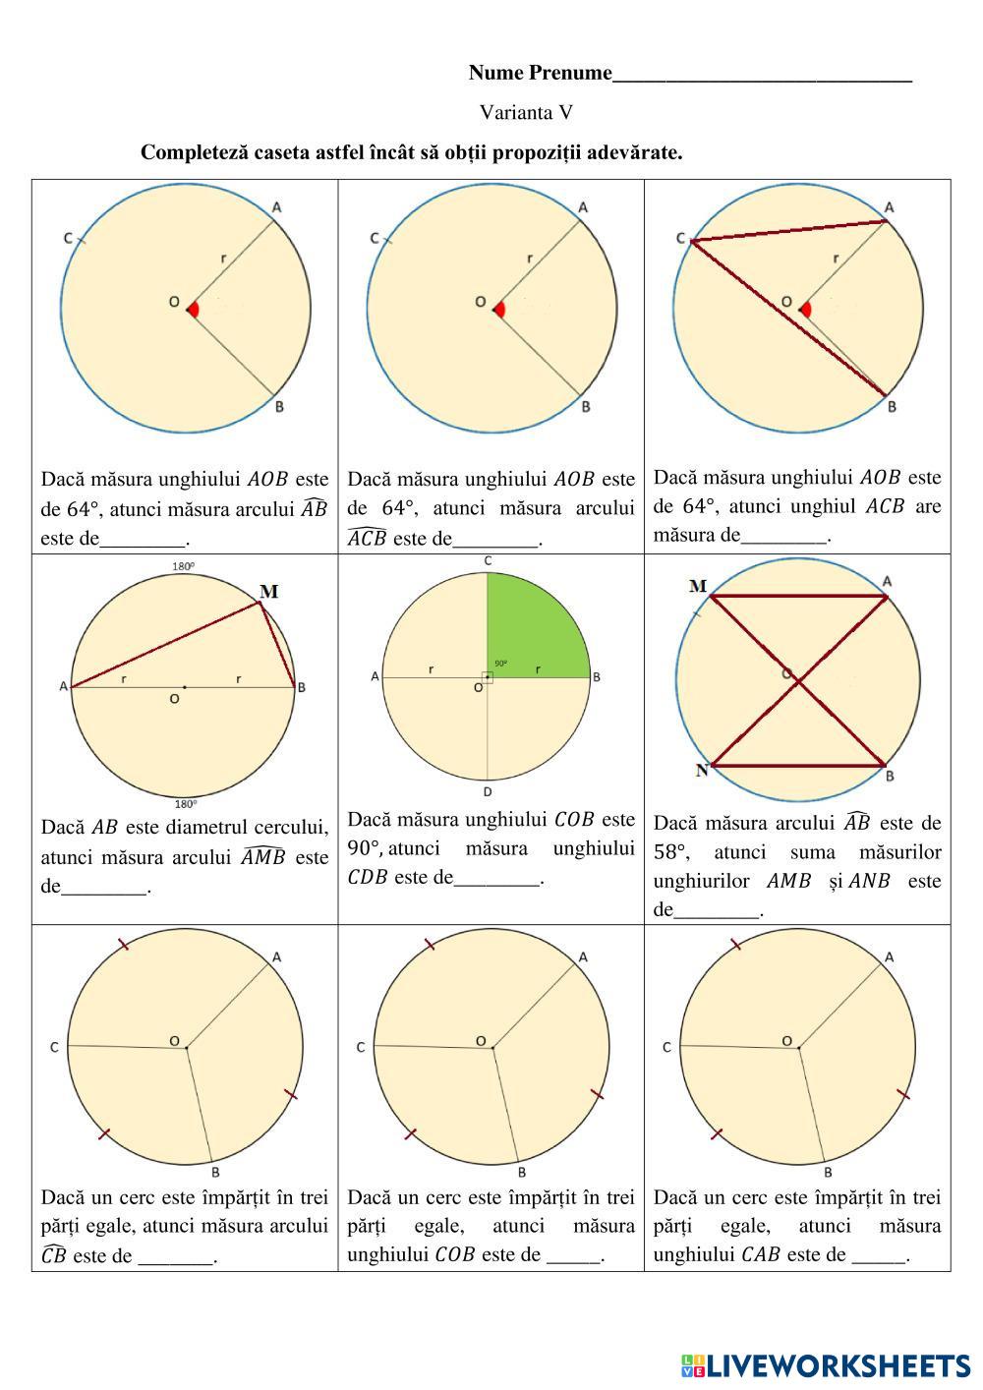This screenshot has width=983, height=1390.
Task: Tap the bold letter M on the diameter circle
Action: (268, 591)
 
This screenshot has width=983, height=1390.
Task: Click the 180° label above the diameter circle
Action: (183, 566)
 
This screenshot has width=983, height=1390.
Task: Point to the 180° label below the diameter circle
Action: (185, 803)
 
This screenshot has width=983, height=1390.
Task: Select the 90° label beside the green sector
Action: (501, 664)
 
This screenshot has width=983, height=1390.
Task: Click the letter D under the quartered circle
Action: (488, 791)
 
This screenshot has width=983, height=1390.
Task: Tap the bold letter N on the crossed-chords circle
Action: (702, 770)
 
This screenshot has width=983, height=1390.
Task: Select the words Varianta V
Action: (526, 113)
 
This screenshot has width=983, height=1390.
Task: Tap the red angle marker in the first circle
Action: (194, 309)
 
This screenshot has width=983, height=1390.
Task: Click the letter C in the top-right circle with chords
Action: (681, 238)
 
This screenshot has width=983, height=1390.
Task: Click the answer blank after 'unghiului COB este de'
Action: (574, 1256)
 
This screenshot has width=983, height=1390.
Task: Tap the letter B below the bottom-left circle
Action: (215, 1173)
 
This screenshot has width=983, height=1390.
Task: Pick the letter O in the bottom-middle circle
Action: (481, 1041)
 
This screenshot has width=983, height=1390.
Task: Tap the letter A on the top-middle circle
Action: (583, 207)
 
